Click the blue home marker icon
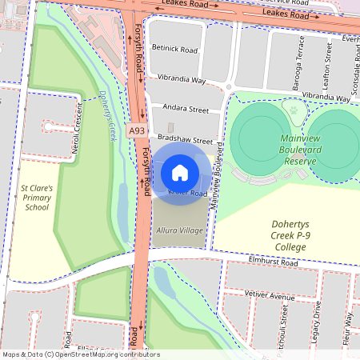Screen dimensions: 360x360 click(x=180, y=172)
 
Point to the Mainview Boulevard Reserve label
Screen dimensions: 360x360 click(x=290, y=150)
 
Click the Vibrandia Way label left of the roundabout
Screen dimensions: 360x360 click(x=182, y=81)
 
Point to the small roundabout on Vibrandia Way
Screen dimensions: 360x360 click(x=228, y=86)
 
